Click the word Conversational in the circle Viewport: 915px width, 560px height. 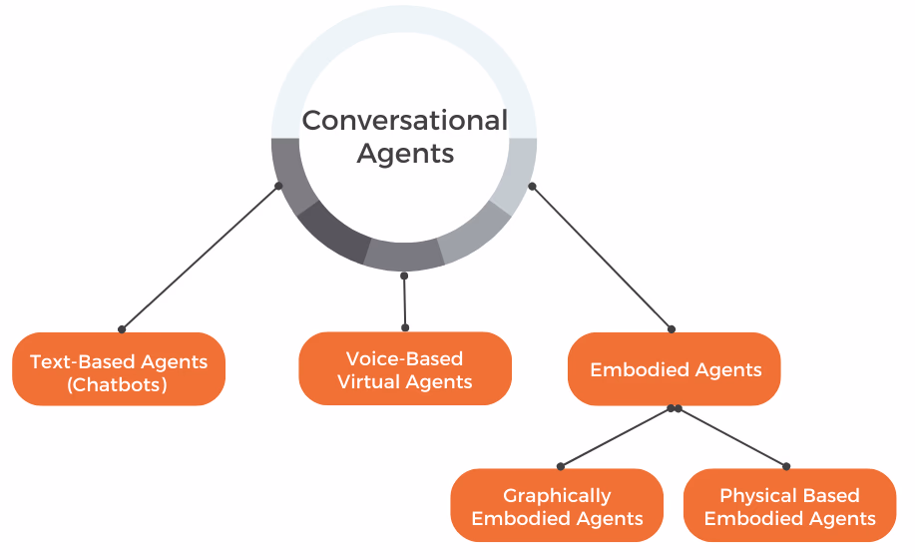[x=404, y=121]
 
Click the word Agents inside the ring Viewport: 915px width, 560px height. [x=405, y=153]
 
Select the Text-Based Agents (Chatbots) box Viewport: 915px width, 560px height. [x=119, y=369]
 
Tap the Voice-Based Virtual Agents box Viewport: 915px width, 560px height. [x=405, y=368]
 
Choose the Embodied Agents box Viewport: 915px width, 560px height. [x=675, y=369]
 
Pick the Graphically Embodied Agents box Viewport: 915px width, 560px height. [x=557, y=506]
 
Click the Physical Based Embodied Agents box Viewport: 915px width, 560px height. [x=789, y=506]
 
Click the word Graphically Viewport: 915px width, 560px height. [x=557, y=495]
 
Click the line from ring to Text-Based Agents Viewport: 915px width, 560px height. [x=200, y=258]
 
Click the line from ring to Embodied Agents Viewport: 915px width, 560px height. [x=602, y=258]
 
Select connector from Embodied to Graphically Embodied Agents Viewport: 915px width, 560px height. [x=617, y=437]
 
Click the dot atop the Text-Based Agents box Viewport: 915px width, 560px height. [x=122, y=328]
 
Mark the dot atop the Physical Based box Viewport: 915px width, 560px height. [x=786, y=465]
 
